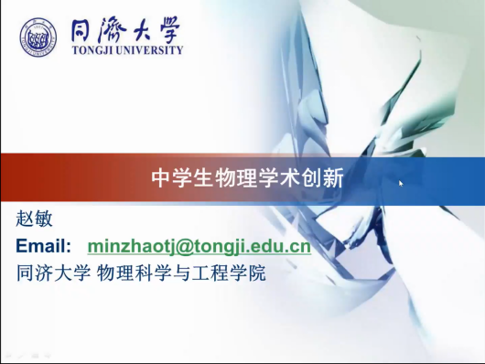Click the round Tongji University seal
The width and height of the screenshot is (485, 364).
coord(38,37)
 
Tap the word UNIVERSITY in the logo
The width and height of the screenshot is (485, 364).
coord(150,50)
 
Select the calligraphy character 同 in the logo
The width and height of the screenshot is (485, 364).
coord(82,30)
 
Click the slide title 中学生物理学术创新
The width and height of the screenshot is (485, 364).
coord(247,178)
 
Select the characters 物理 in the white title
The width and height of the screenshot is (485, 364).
coord(237,178)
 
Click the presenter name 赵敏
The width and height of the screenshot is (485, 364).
coord(34,219)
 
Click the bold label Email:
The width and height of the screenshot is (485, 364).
coord(44,246)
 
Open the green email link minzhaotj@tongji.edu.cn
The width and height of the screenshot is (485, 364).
coord(199,247)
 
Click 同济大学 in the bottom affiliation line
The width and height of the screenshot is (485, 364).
coord(53,273)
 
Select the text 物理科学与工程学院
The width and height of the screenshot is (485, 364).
coord(181,273)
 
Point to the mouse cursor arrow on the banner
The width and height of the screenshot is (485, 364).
coord(401,184)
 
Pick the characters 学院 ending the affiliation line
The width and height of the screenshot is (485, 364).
coord(247,273)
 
